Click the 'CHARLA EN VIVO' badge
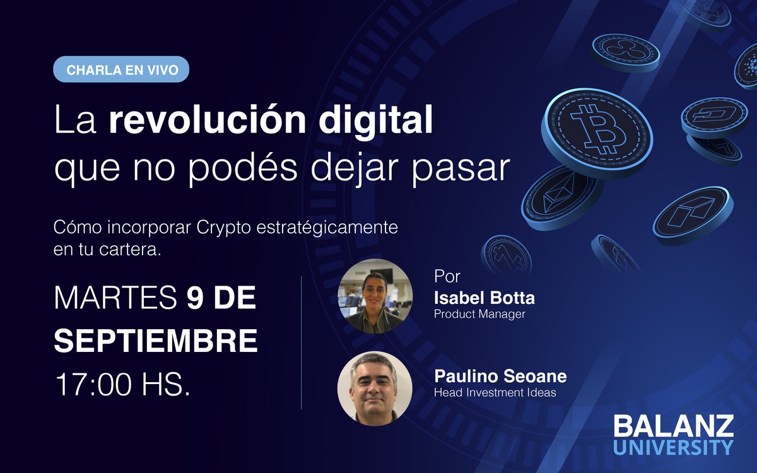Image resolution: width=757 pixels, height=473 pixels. (120, 69)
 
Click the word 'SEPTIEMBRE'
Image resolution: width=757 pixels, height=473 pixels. (156, 341)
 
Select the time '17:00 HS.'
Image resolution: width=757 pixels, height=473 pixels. (122, 383)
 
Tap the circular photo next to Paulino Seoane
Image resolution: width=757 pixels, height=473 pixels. (375, 388)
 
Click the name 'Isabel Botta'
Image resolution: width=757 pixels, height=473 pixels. (484, 297)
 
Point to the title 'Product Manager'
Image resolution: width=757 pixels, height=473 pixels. (479, 314)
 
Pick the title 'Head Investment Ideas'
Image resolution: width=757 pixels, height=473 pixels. (495, 392)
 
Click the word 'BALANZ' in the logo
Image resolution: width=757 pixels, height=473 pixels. (674, 427)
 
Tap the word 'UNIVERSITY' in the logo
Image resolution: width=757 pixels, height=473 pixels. (674, 447)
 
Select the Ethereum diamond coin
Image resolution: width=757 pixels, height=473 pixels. (559, 196)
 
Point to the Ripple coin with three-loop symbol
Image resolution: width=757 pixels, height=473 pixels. (625, 50)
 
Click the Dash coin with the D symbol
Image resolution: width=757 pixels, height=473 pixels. (713, 116)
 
